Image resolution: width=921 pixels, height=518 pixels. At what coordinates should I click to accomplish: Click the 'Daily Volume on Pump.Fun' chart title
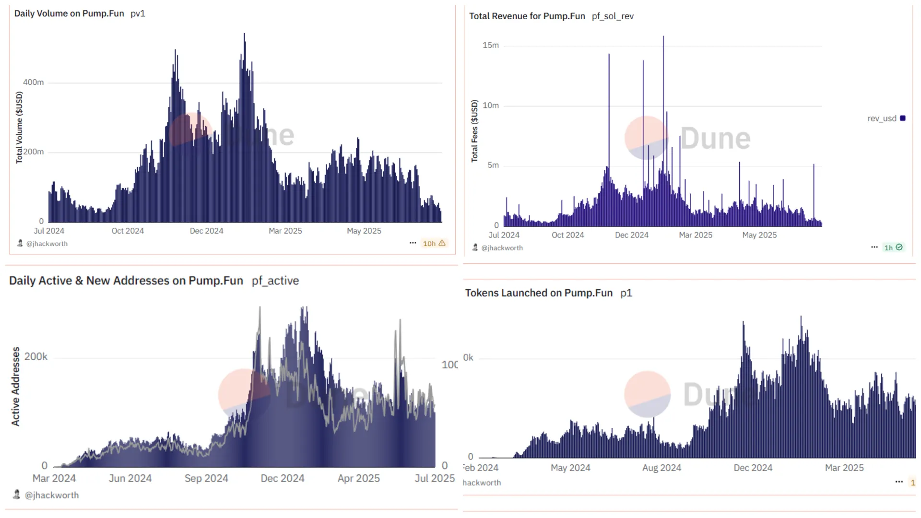(x=69, y=13)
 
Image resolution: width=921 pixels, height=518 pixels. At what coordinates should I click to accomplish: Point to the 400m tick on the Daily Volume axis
(x=33, y=82)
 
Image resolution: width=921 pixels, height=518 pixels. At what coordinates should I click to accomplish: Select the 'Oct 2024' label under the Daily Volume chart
(x=128, y=231)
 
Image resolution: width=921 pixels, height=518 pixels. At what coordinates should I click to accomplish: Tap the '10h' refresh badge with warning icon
(x=434, y=244)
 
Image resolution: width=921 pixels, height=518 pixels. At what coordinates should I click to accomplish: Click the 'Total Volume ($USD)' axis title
(x=19, y=128)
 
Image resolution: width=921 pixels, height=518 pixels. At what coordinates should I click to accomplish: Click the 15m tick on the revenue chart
(x=490, y=46)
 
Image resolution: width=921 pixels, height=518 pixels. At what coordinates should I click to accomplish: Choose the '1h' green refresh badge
(x=893, y=247)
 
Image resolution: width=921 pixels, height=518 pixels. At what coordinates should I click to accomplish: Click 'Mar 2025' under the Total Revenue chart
(x=695, y=235)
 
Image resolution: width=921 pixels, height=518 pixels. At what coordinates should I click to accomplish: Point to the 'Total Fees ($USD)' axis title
(x=474, y=131)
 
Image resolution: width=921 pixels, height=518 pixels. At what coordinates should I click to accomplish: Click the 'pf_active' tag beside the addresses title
(x=275, y=281)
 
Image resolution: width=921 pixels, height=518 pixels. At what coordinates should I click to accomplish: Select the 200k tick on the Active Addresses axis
(x=36, y=357)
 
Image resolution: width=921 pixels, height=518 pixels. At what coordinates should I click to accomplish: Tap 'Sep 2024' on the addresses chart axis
(x=206, y=478)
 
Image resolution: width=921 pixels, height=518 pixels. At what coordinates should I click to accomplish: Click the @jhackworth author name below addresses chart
(x=51, y=495)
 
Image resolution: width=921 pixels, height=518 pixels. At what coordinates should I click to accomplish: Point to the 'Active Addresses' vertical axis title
(x=16, y=387)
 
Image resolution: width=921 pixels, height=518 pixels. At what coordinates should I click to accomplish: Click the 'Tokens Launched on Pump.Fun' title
(x=538, y=293)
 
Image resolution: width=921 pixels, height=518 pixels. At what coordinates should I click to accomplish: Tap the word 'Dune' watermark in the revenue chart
(x=715, y=139)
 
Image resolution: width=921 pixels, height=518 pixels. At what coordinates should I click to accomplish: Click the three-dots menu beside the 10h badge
(x=413, y=243)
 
